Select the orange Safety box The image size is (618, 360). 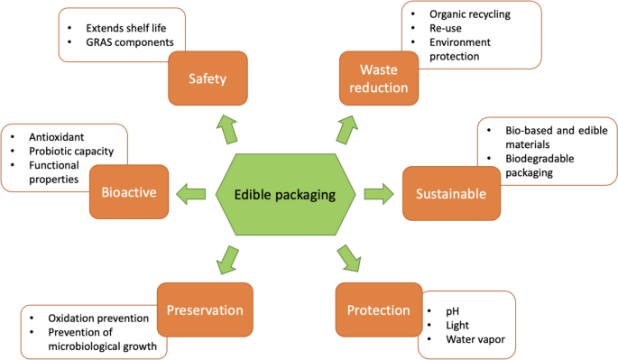pyautogui.click(x=207, y=78)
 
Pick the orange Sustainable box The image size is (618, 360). pyautogui.click(x=451, y=193)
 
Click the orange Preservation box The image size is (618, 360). pyautogui.click(x=206, y=310)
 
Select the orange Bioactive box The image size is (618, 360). pyautogui.click(x=129, y=192)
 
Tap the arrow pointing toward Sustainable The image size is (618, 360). pyautogui.click(x=378, y=192)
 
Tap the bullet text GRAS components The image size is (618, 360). pyautogui.click(x=119, y=42)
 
